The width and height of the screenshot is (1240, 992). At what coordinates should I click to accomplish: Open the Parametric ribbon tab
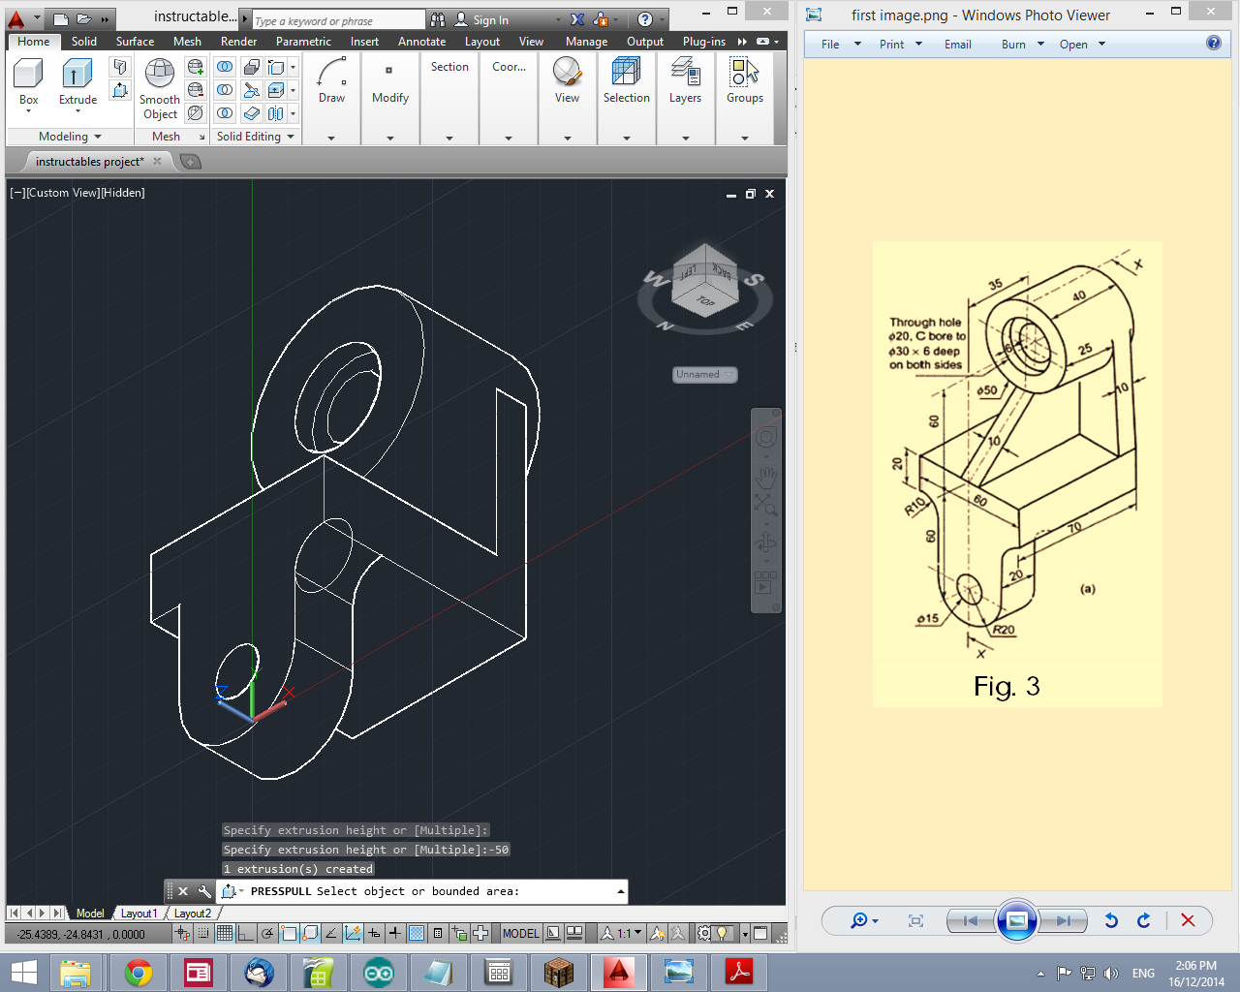303,42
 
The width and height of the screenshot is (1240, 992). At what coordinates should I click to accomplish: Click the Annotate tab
421,42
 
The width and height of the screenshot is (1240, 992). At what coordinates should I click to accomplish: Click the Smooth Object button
159,87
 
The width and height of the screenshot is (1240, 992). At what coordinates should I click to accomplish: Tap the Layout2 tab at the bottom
193,914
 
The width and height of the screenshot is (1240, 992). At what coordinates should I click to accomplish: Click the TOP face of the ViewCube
705,301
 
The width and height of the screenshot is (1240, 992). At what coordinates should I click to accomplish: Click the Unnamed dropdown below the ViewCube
705,374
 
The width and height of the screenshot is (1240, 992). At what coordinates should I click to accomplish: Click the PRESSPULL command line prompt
426,891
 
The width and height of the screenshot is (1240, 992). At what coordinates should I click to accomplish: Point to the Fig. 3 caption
1007,687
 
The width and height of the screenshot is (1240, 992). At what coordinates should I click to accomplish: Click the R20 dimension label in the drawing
1004,631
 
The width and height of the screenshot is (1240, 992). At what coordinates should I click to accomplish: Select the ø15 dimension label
928,618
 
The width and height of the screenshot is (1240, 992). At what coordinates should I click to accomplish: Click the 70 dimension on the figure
1073,528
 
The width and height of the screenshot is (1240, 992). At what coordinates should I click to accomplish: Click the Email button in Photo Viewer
957,45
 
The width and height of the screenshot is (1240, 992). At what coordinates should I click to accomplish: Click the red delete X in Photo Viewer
1188,920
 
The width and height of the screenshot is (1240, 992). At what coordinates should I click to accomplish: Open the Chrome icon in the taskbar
139,973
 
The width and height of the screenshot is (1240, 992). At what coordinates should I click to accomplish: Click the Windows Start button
23,973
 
